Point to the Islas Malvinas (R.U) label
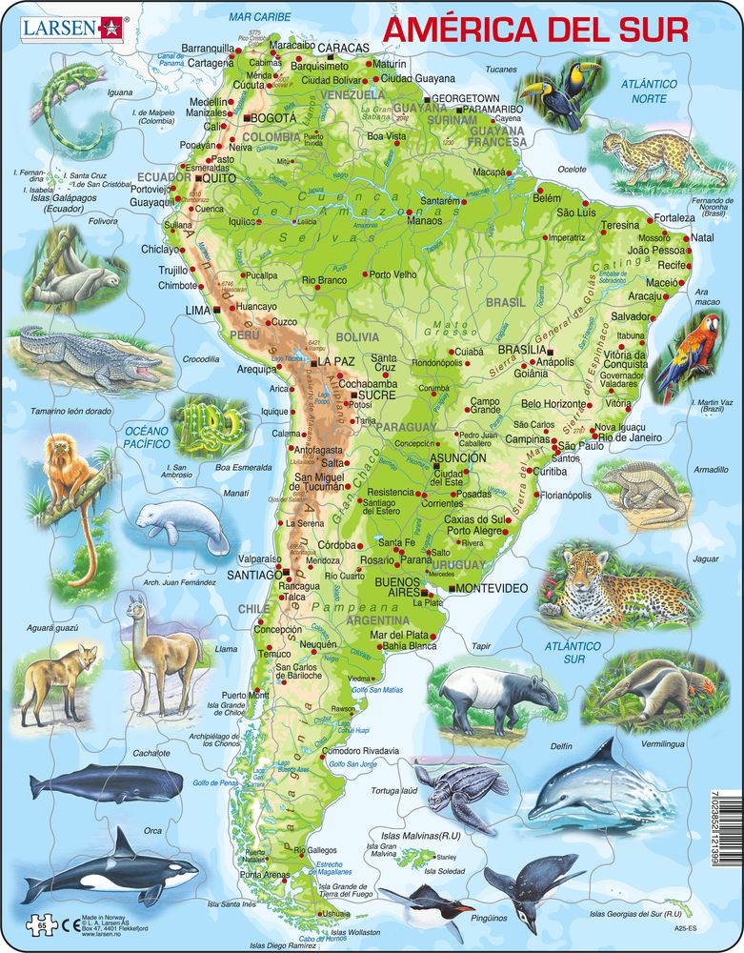414,836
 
